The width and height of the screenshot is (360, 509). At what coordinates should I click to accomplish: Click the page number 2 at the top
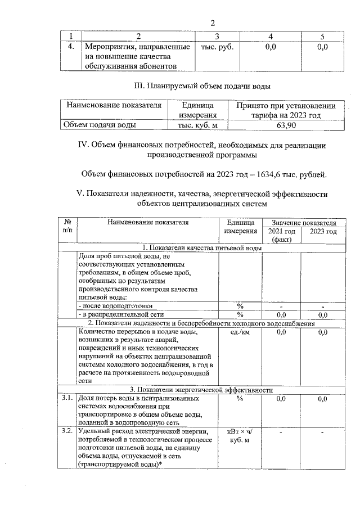point(213,23)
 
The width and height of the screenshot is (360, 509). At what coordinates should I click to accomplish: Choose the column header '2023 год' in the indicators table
point(323,231)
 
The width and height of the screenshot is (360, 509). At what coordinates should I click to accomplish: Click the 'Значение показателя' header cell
point(303,223)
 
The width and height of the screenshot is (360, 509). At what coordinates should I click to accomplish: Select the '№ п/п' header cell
point(67,227)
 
